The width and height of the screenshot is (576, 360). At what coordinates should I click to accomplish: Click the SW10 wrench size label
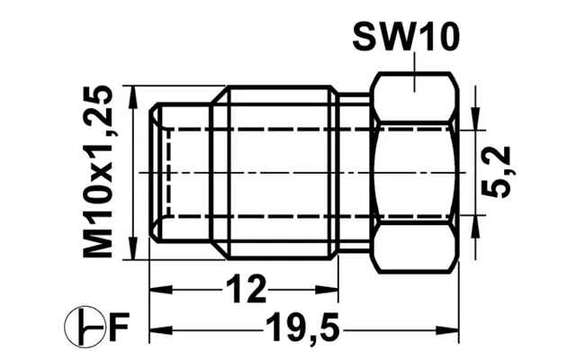tap(406, 37)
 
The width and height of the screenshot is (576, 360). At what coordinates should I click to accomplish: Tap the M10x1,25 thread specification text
tap(98, 172)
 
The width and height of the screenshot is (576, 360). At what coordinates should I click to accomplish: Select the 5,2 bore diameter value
tap(497, 172)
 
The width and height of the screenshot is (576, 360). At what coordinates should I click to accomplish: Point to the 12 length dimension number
tap(246, 290)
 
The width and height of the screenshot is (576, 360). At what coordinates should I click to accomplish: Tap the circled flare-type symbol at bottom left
tap(85, 327)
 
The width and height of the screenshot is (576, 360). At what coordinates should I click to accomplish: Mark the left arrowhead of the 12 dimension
tap(161, 290)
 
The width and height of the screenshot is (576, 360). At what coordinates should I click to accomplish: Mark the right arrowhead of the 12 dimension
tap(327, 290)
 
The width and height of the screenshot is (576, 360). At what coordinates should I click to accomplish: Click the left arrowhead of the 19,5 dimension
tap(161, 330)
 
